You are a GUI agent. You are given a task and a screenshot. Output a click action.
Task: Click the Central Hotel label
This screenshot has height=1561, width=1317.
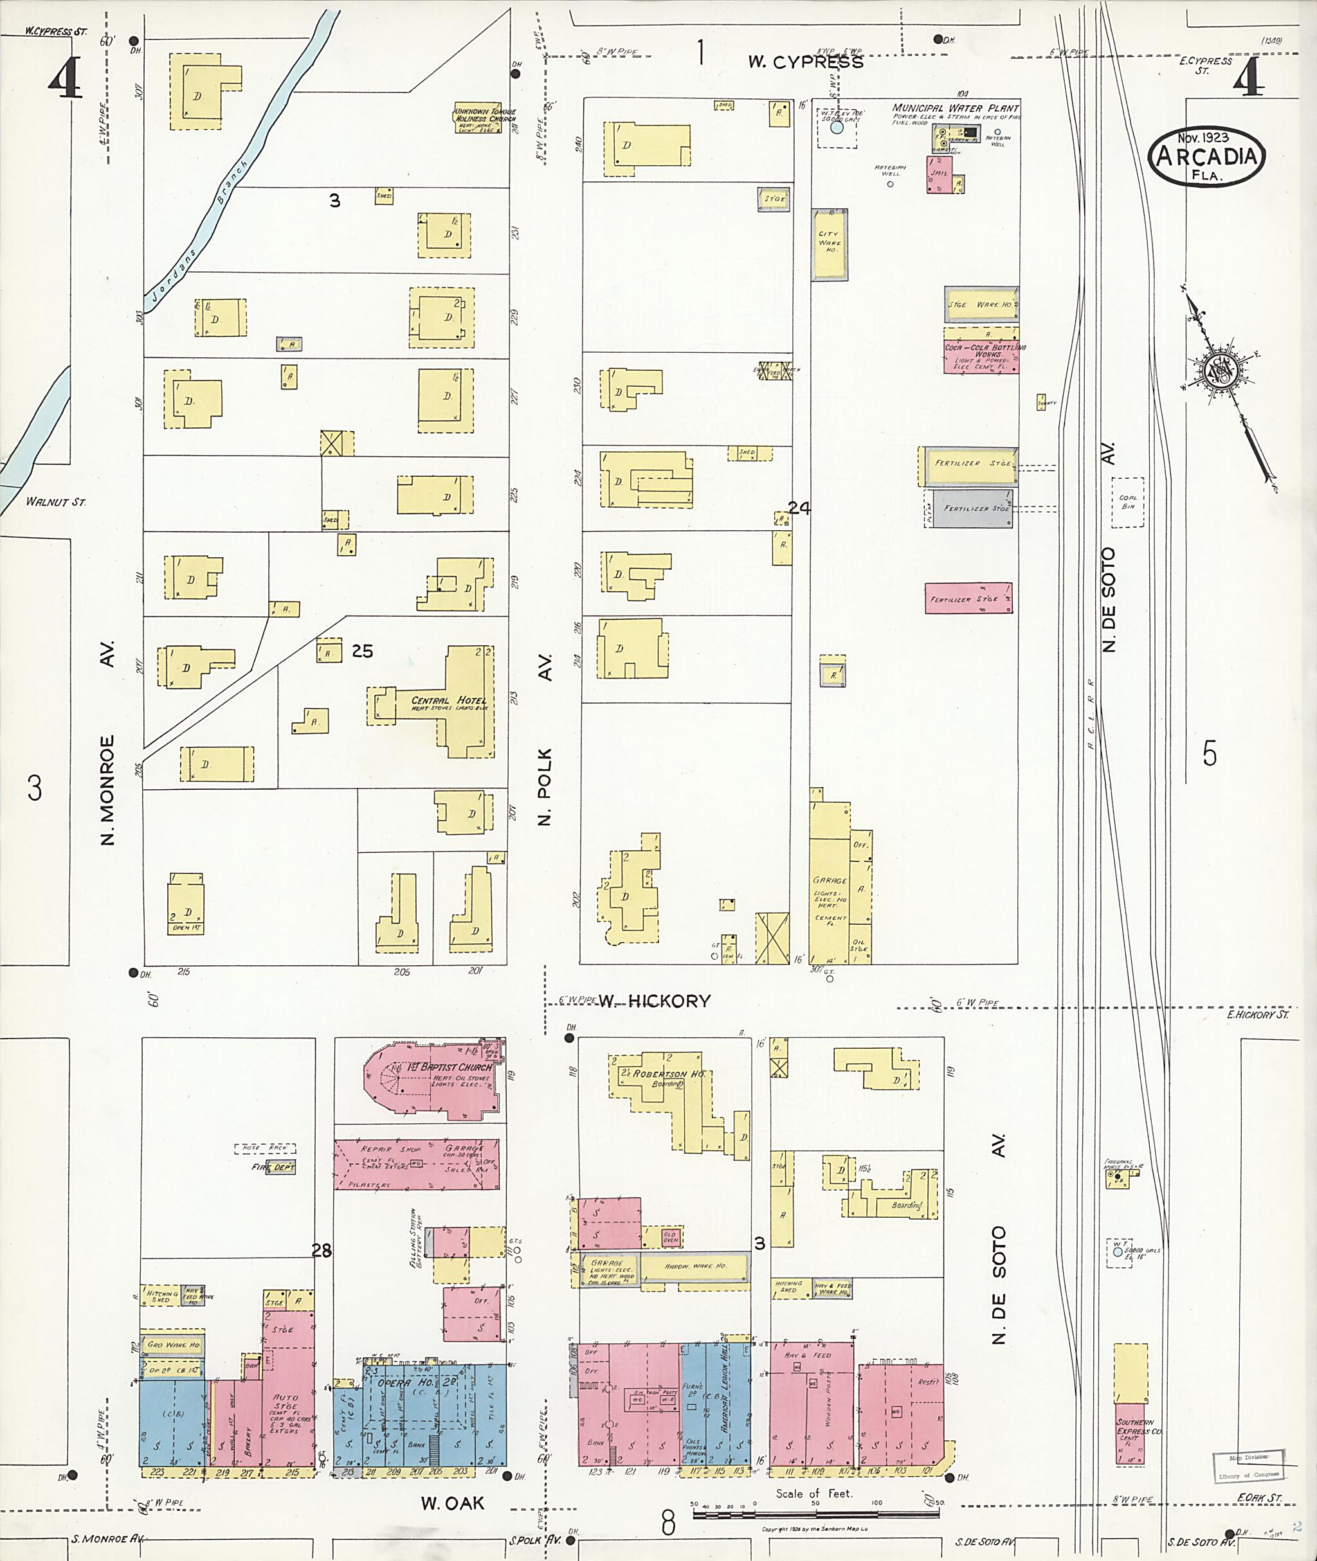pyautogui.click(x=448, y=700)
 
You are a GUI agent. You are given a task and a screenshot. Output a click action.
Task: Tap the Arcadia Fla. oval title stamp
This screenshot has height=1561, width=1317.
pyautogui.click(x=1206, y=157)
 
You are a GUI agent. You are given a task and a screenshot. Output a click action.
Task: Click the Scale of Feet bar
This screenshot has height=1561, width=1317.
pyautogui.click(x=813, y=1514)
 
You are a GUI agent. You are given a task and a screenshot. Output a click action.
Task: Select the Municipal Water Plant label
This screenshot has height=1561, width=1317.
pyautogui.click(x=954, y=108)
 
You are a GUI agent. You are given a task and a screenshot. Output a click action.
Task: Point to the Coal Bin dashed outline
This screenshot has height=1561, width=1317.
pyautogui.click(x=1127, y=501)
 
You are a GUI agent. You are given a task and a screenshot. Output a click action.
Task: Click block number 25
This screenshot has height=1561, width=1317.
pyautogui.click(x=362, y=652)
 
